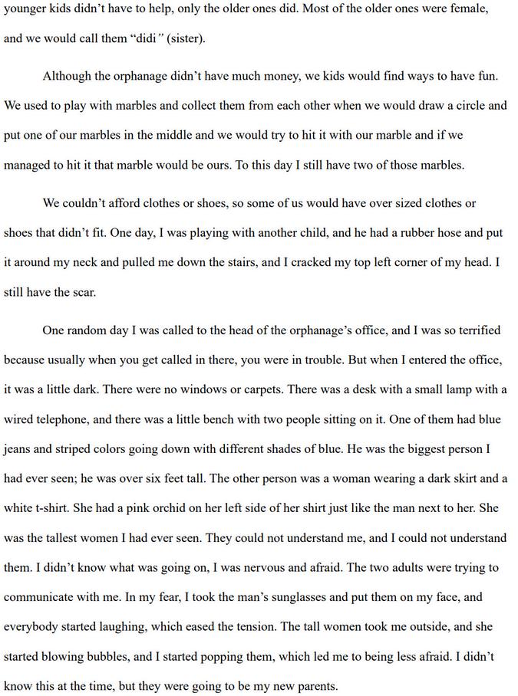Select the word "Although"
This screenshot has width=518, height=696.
[68, 76]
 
